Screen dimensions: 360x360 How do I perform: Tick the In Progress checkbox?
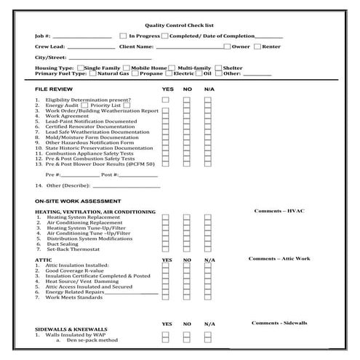click(x=123, y=35)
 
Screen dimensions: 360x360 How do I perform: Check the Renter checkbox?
click(x=257, y=47)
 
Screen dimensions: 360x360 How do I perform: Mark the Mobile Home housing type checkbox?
click(x=127, y=67)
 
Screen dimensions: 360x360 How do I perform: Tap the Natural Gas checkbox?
click(x=92, y=73)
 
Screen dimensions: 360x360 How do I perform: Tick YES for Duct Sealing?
click(x=165, y=244)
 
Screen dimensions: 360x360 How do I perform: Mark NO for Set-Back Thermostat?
click(x=186, y=249)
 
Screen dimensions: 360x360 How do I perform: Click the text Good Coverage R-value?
click(x=70, y=271)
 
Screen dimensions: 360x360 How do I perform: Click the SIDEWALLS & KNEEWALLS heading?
click(x=71, y=329)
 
